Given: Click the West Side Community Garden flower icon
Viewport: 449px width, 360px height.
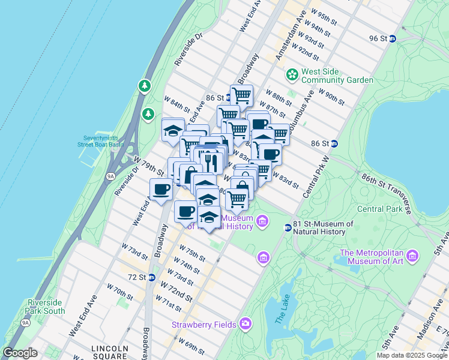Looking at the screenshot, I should tap(292, 75).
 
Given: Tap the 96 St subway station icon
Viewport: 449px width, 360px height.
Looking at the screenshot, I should tap(393, 38).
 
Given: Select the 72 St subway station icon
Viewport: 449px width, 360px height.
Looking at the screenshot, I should tap(152, 277).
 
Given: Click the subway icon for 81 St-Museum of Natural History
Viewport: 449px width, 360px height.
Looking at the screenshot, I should tap(288, 227).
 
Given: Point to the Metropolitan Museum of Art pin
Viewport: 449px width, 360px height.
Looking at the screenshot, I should tap(412, 257).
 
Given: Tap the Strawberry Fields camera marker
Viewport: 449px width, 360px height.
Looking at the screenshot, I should tap(246, 324).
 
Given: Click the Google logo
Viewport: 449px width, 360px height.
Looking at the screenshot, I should tap(20, 353).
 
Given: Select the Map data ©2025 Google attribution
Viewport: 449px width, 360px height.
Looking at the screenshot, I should tap(411, 355).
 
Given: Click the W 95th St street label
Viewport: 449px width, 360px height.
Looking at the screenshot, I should tap(328, 15).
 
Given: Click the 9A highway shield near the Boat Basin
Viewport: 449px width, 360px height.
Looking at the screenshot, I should tap(110, 176).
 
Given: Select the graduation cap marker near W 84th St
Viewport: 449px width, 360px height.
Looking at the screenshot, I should tap(173, 130).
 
